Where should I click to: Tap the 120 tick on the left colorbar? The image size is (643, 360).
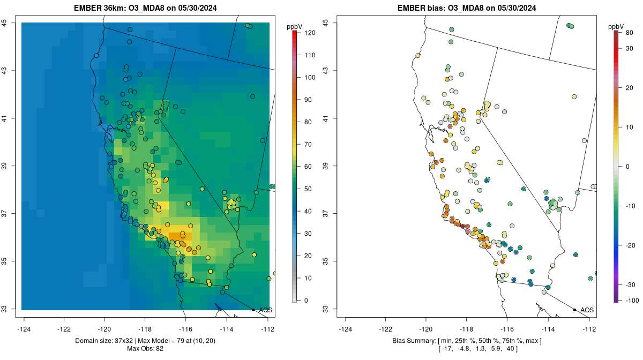point(310,33)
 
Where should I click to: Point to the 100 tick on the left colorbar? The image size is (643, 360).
point(310,77)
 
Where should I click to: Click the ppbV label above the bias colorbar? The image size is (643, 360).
point(617,26)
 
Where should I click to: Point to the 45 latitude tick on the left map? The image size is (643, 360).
point(4,22)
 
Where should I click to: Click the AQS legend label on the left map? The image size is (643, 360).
point(265,310)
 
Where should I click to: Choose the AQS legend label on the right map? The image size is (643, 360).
point(587,310)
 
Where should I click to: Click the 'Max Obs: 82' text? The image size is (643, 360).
point(146,349)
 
